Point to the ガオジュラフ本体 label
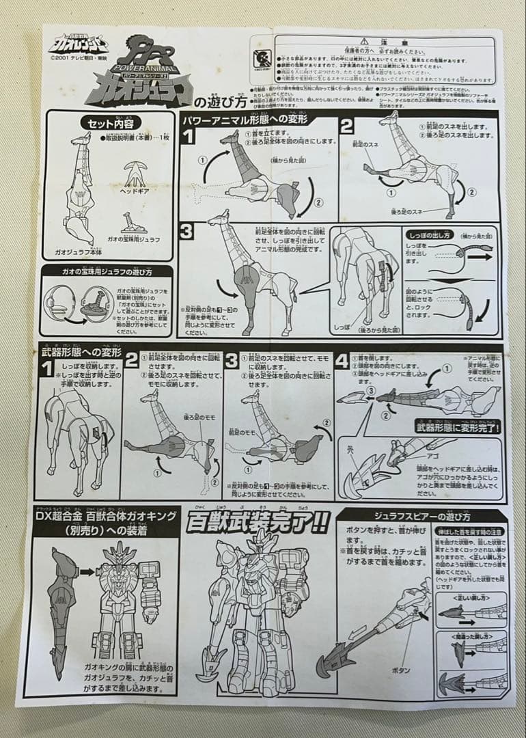coord(77,252)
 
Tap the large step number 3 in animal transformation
coord(187,232)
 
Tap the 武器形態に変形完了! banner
coord(458,428)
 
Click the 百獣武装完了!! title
coord(258,522)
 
